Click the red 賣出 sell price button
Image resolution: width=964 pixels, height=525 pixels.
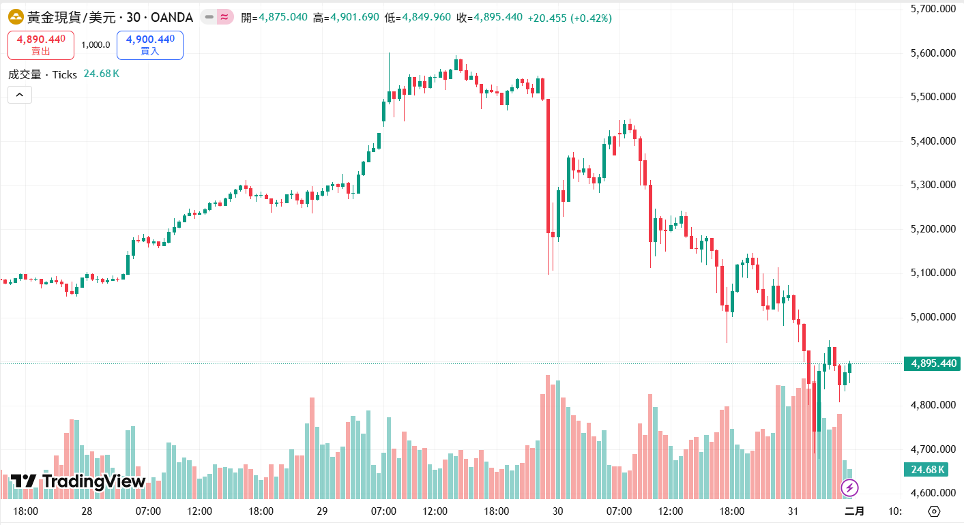coord(41,45)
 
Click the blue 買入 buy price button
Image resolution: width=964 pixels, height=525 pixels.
coord(150,45)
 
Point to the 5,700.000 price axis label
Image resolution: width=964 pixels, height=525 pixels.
coord(933,9)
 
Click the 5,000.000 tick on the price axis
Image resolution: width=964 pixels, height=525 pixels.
coord(933,317)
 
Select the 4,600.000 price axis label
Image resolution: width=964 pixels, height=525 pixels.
coord(933,493)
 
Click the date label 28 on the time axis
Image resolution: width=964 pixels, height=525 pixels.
coord(87,511)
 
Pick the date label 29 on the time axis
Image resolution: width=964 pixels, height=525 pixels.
coord(323,511)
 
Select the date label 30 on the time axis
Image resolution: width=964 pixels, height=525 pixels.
coord(558,511)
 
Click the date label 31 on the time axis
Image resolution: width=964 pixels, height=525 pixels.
coord(793,511)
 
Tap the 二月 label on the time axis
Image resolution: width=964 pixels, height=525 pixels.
coord(854,511)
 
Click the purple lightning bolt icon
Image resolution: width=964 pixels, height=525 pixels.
coord(849,487)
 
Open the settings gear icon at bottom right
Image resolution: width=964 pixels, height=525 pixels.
coord(935,511)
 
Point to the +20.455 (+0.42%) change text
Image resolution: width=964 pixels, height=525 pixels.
coord(570,17)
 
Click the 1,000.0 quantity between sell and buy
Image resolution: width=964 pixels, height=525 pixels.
coord(96,45)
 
